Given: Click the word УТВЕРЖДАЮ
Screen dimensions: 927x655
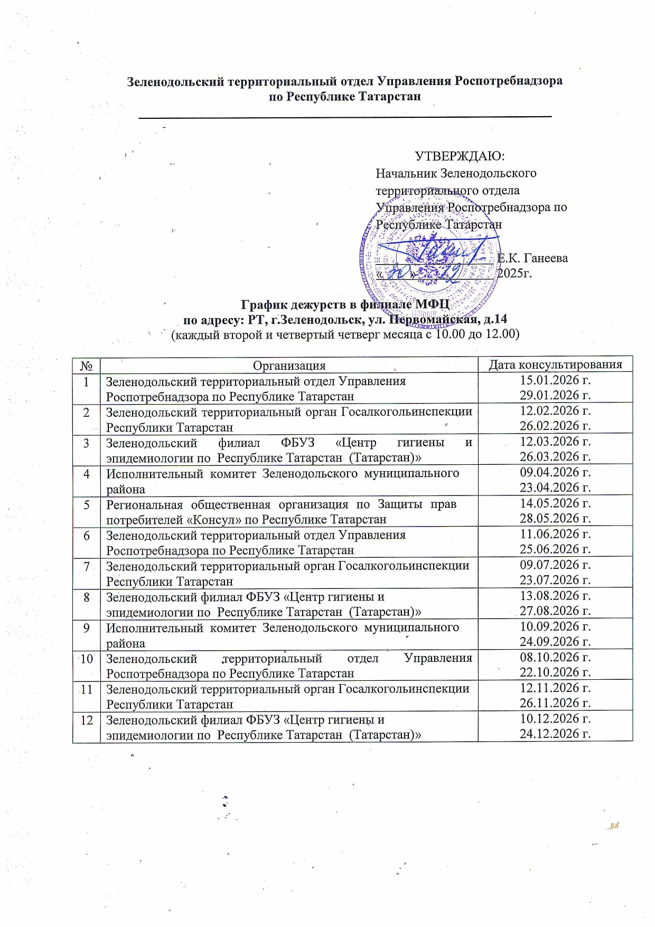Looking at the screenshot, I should click(460, 156).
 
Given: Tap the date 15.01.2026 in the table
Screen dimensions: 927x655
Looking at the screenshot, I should click(555, 380).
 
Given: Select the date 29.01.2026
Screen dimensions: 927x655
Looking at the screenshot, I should click(555, 395).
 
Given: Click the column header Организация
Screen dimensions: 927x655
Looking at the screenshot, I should click(289, 366).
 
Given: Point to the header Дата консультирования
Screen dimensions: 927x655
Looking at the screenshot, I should click(555, 364).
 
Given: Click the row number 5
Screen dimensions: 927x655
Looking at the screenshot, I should click(86, 504).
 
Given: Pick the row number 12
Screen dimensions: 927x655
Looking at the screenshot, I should click(86, 720).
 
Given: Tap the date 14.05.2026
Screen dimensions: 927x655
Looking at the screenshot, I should click(555, 503).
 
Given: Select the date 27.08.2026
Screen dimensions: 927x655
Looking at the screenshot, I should click(555, 611).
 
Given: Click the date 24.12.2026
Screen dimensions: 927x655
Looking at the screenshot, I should click(555, 733).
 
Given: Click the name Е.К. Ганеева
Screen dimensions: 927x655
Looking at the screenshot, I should click(532, 258).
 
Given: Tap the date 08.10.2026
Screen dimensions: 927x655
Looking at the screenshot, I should click(555, 657).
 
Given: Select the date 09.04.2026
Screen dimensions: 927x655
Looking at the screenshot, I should click(555, 472).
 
